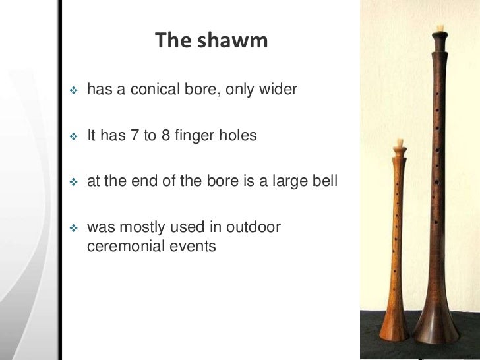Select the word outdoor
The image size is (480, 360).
[254, 227]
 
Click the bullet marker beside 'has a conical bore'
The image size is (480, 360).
[73, 90]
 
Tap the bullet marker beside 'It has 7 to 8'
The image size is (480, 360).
[73, 137]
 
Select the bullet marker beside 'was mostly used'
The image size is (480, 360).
[73, 228]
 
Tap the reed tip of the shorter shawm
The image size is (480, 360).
[398, 142]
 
